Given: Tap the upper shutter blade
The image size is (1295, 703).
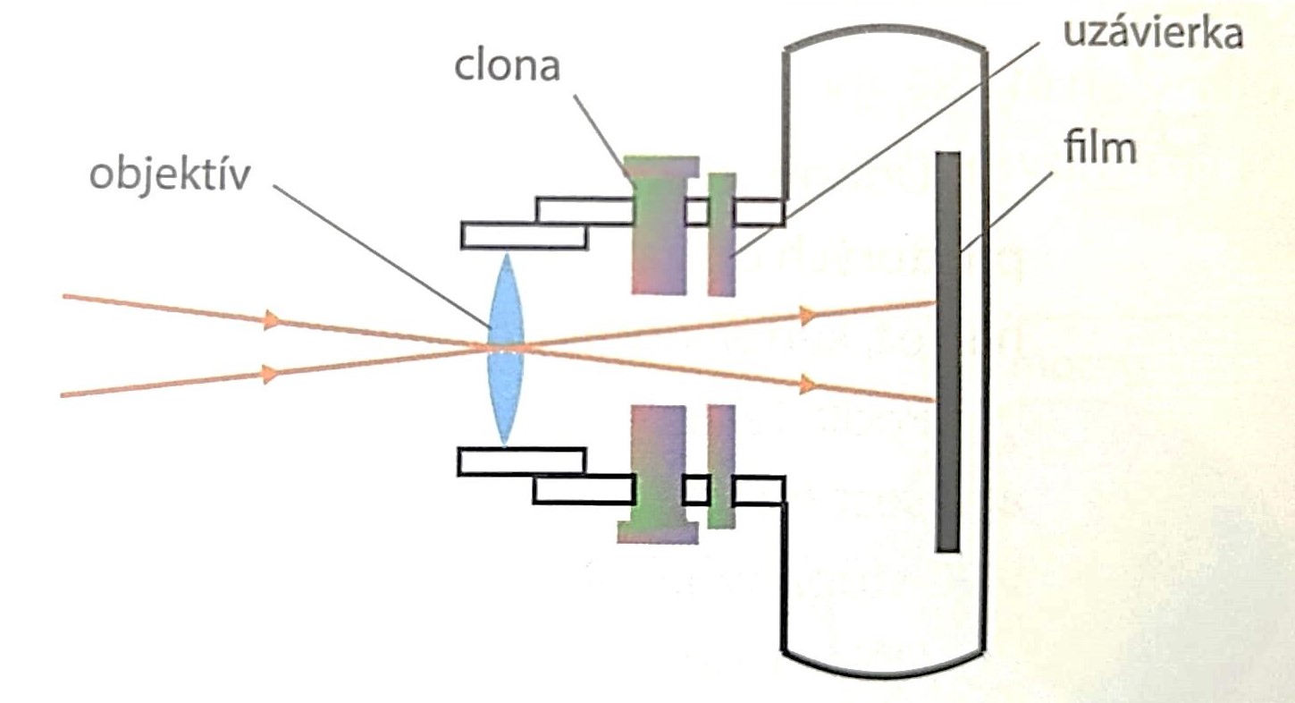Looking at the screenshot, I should pyautogui.click(x=721, y=234).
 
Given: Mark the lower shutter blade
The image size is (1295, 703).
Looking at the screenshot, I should pyautogui.click(x=721, y=465).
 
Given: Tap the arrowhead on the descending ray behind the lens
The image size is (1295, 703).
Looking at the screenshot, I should pyautogui.click(x=808, y=385).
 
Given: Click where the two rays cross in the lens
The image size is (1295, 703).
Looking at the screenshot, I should pyautogui.click(x=507, y=348).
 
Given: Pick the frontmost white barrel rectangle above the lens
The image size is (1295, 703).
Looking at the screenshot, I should pyautogui.click(x=524, y=235).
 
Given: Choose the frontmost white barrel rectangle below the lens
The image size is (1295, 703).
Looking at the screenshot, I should pyautogui.click(x=521, y=461).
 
